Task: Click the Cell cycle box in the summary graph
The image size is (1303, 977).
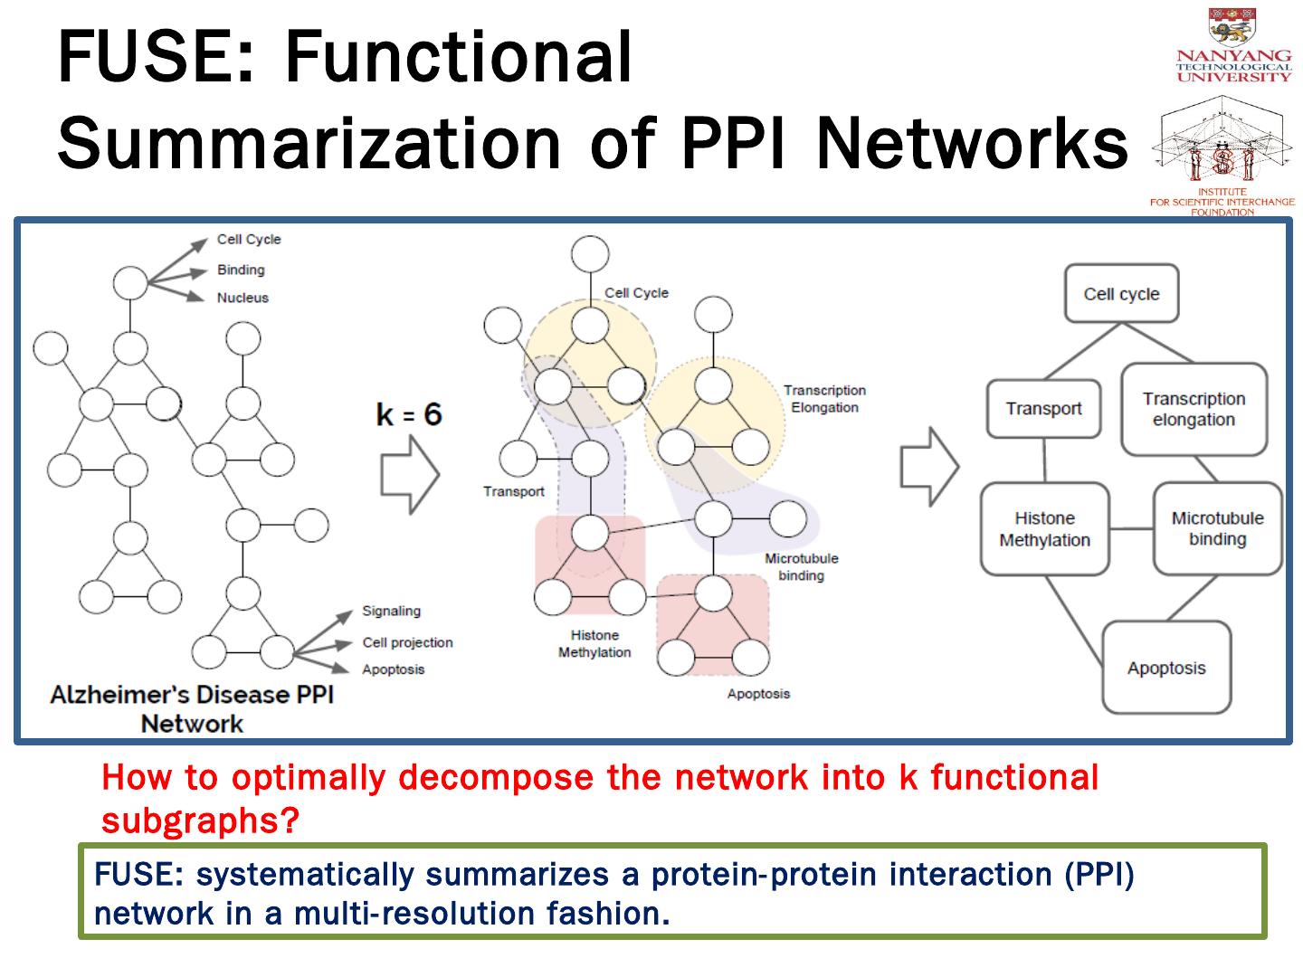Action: click(x=1121, y=294)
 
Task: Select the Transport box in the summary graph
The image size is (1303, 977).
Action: click(x=1043, y=409)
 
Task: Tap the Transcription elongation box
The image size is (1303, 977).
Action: click(x=1194, y=410)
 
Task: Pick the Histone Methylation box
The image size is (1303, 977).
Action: click(x=1045, y=529)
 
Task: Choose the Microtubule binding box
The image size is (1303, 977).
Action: click(x=1217, y=529)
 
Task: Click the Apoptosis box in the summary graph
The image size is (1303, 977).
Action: click(x=1166, y=669)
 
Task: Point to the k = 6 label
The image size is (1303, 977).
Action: click(x=409, y=414)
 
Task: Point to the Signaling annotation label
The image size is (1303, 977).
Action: click(x=391, y=612)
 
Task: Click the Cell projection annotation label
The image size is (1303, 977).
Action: click(x=407, y=642)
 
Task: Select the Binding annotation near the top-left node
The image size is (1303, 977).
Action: click(x=241, y=270)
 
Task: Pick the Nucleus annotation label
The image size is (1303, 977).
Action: click(x=243, y=298)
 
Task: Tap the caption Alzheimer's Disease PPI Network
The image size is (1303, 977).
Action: click(x=192, y=709)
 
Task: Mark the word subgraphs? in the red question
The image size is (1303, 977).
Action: click(x=199, y=820)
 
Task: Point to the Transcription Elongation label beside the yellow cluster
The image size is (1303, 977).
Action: click(x=824, y=399)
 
